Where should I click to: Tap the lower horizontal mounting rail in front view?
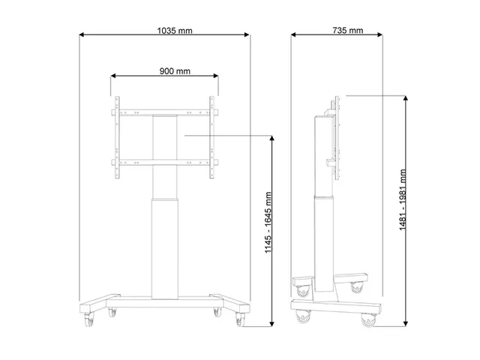point(165,161)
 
